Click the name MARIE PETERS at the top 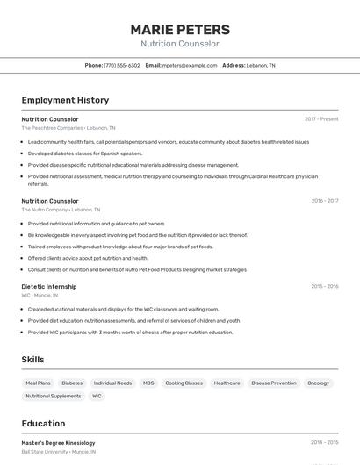pyautogui.click(x=180, y=30)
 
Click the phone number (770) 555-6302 pyautogui.click(x=122, y=66)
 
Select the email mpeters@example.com pyautogui.click(x=190, y=66)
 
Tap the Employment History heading pyautogui.click(x=65, y=100)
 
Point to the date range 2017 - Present pyautogui.click(x=321, y=119)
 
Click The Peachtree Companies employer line pyautogui.click(x=68, y=128)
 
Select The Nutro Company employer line pyautogui.click(x=61, y=210)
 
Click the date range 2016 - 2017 pyautogui.click(x=324, y=201)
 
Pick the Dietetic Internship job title pyautogui.click(x=49, y=286)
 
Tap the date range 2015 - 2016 pyautogui.click(x=324, y=286)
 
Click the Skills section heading pyautogui.click(x=32, y=360)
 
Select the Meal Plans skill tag pyautogui.click(x=39, y=383)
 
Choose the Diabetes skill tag pyautogui.click(x=72, y=383)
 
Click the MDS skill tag pyautogui.click(x=148, y=383)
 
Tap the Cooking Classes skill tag pyautogui.click(x=184, y=383)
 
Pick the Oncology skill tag pyautogui.click(x=318, y=383)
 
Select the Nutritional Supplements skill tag pyautogui.click(x=53, y=397)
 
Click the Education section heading pyautogui.click(x=44, y=424)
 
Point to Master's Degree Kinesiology pyautogui.click(x=58, y=443)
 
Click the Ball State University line pyautogui.click(x=59, y=452)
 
